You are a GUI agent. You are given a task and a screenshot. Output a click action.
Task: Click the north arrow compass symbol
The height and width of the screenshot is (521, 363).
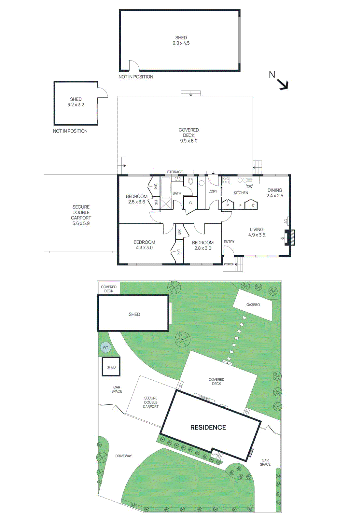282,83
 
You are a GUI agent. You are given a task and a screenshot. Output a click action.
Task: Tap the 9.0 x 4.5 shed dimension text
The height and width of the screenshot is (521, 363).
181,43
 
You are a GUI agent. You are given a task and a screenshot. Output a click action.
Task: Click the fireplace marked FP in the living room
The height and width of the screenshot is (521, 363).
290,237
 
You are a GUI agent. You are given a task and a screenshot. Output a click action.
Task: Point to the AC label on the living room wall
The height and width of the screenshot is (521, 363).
286,221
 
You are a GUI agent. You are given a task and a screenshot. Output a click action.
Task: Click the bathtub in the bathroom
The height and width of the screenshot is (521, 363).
166,187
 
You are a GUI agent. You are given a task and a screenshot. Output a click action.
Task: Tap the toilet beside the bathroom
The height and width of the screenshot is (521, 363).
191,181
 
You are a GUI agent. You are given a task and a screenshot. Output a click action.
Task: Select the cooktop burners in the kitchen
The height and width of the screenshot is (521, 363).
226,180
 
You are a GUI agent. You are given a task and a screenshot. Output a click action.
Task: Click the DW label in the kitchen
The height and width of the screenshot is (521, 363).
249,187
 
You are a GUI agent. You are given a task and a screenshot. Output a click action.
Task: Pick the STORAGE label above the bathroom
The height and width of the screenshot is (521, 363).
175,172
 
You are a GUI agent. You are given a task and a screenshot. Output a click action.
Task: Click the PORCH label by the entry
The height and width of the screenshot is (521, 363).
229,264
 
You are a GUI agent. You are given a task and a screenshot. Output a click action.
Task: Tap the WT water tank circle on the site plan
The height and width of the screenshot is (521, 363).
105,347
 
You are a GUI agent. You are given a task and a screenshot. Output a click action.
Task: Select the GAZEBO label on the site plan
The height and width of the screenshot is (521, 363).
253,305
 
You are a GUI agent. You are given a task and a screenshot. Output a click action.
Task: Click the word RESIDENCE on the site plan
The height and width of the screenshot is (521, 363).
208,427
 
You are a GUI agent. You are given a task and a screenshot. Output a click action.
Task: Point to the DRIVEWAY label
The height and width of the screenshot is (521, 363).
123,456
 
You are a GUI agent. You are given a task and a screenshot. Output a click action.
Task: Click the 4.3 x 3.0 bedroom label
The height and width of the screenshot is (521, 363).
144,247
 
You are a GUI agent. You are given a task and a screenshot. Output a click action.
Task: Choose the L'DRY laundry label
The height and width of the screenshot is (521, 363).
213,191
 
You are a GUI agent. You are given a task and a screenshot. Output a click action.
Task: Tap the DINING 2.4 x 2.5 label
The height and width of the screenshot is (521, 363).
275,193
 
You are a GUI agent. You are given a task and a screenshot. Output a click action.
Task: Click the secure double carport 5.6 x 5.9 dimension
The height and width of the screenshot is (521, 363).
81,223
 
